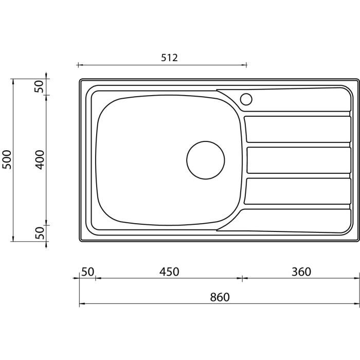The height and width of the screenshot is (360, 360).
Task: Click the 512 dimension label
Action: [169, 58]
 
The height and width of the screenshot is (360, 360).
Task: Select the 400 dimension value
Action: [40, 160]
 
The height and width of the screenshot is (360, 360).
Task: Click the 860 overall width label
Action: [220, 297]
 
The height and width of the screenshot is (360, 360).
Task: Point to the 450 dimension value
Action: [169, 272]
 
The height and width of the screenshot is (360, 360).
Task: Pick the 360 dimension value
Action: [301, 272]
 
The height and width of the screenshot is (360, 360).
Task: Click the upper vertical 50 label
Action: [39, 86]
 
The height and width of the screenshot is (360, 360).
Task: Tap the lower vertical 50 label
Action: [40, 233]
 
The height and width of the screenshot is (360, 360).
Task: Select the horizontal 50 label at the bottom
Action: [88, 272]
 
